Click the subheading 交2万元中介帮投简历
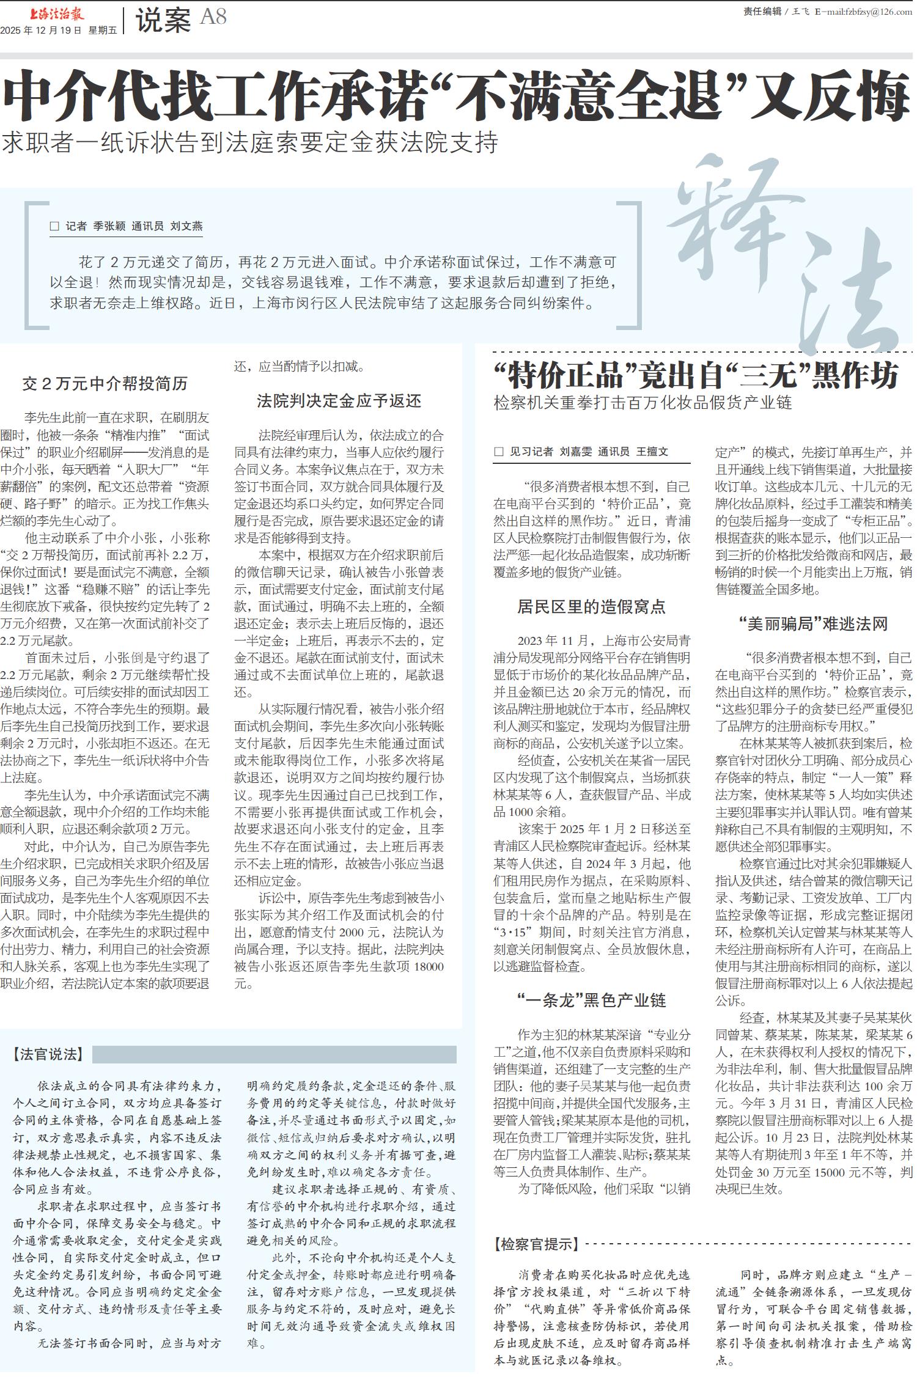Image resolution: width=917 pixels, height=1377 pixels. [x=105, y=384]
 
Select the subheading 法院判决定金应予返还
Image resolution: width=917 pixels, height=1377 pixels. [x=339, y=401]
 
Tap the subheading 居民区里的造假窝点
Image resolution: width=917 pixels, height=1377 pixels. [x=591, y=606]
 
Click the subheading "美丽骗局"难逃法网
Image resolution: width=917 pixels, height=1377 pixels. [x=813, y=623]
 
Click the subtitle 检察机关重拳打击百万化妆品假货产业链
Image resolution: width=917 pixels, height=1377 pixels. [x=643, y=403]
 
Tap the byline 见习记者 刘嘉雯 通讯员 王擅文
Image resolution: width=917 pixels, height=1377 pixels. [x=581, y=452]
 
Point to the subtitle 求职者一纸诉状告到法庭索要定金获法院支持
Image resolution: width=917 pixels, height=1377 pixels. [x=251, y=143]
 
